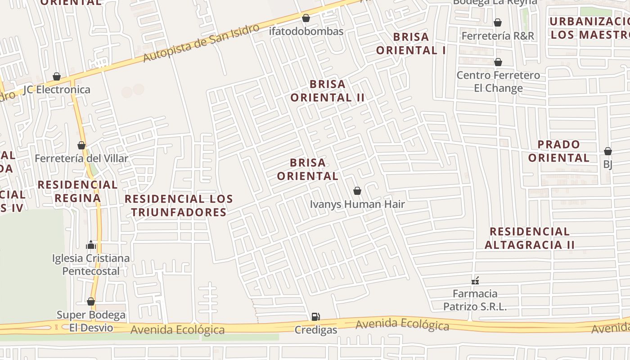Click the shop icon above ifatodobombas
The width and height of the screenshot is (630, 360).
click(x=306, y=18)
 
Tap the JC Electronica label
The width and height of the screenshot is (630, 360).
click(x=57, y=90)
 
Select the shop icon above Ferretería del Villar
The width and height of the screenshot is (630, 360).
click(x=81, y=146)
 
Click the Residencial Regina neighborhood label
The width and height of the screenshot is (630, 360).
click(x=77, y=191)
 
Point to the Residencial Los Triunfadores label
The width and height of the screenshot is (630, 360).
click(x=179, y=205)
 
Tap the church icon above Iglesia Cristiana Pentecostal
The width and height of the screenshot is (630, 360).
click(x=91, y=245)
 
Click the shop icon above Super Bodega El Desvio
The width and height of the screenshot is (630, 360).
click(x=91, y=301)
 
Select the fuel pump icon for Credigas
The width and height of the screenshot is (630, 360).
click(x=316, y=317)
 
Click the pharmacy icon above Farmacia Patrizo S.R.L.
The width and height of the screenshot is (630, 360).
click(x=475, y=281)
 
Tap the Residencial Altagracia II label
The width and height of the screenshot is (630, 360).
click(x=530, y=238)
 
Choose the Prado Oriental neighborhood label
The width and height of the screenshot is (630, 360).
click(x=558, y=151)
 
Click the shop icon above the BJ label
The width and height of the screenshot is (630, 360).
click(x=607, y=151)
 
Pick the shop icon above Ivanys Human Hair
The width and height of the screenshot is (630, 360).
click(x=357, y=191)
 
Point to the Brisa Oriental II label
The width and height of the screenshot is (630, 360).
click(x=327, y=90)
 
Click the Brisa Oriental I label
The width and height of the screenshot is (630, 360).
click(x=411, y=43)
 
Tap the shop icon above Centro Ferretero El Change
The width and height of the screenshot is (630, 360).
click(x=498, y=62)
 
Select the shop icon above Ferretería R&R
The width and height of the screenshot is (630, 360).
click(x=498, y=22)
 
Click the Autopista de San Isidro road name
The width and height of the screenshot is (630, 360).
click(x=201, y=43)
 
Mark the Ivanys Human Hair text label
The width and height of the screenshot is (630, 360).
click(x=357, y=204)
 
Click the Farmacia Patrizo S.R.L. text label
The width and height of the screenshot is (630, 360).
click(x=475, y=300)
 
